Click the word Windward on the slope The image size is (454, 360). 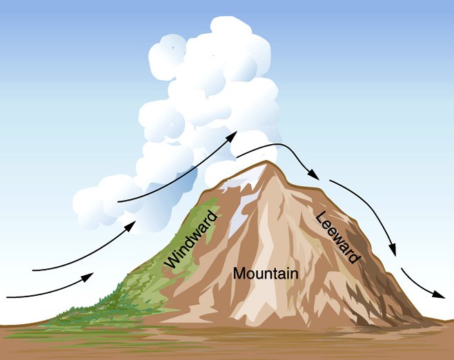click(192, 239)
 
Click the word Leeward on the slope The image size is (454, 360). click(337, 238)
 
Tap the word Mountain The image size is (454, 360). click(266, 273)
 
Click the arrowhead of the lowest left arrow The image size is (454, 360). click(88, 277)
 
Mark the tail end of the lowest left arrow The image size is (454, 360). click(7, 297)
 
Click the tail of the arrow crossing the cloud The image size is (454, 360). click(119, 201)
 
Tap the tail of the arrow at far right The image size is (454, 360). click(402, 268)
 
